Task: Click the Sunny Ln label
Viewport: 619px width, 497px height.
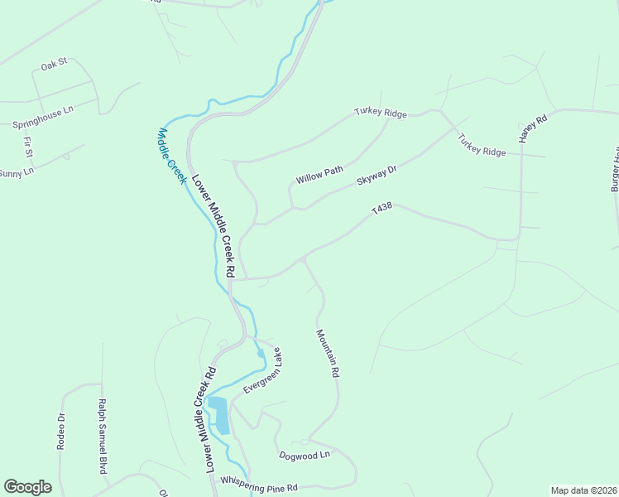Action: [17, 173]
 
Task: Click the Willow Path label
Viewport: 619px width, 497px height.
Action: [319, 175]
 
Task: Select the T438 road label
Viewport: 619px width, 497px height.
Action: [381, 211]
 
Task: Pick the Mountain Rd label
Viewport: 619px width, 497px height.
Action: [328, 354]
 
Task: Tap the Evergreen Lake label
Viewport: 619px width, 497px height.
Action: [262, 371]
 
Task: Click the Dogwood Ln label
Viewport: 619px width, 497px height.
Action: [305, 455]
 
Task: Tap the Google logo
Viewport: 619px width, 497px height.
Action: [27, 487]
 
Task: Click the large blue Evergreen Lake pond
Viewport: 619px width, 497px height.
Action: [219, 415]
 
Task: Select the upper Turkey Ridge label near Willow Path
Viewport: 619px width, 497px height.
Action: [381, 113]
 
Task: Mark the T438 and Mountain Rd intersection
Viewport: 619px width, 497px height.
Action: [304, 258]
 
